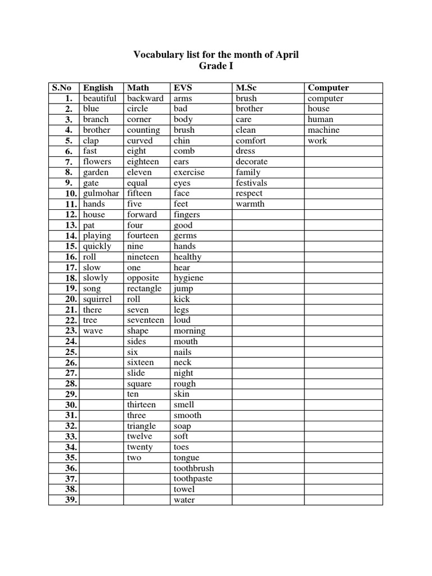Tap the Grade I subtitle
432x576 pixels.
(216, 66)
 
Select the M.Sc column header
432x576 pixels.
(246, 88)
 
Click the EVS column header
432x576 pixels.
(183, 88)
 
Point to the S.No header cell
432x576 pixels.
(63, 88)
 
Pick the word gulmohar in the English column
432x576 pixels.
(101, 193)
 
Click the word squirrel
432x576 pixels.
(97, 299)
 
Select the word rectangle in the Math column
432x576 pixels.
(144, 289)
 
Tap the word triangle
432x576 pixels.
(141, 426)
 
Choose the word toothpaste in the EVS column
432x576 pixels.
(193, 479)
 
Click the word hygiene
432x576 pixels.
(188, 278)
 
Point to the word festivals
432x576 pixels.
(251, 183)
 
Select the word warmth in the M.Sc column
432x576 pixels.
(250, 204)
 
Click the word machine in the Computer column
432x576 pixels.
(323, 130)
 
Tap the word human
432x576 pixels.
(320, 119)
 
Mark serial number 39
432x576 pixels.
(70, 500)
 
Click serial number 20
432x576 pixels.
(70, 299)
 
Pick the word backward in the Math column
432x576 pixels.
(145, 98)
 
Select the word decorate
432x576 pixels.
(251, 161)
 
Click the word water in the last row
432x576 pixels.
(184, 500)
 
